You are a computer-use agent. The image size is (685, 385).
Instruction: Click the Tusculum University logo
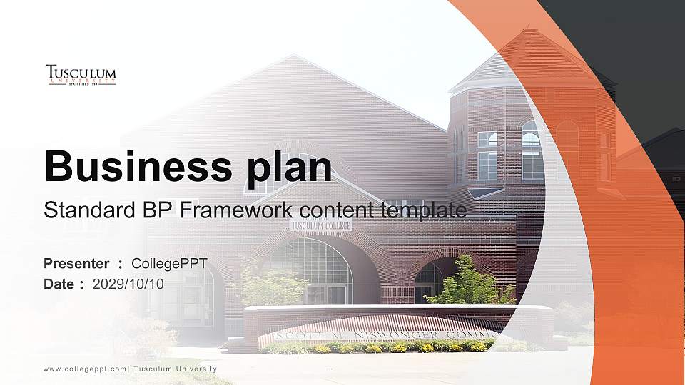click(x=81, y=75)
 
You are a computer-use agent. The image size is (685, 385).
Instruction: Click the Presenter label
click(x=76, y=264)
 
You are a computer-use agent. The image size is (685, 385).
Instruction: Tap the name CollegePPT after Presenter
click(x=169, y=264)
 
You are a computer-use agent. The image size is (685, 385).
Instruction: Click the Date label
click(x=59, y=284)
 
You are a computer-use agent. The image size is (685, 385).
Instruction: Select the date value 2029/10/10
click(x=128, y=284)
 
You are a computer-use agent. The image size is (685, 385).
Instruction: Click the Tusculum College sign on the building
click(x=320, y=225)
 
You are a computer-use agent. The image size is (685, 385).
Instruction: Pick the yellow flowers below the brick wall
click(x=371, y=348)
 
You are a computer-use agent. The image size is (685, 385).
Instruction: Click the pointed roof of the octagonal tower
click(x=528, y=53)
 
